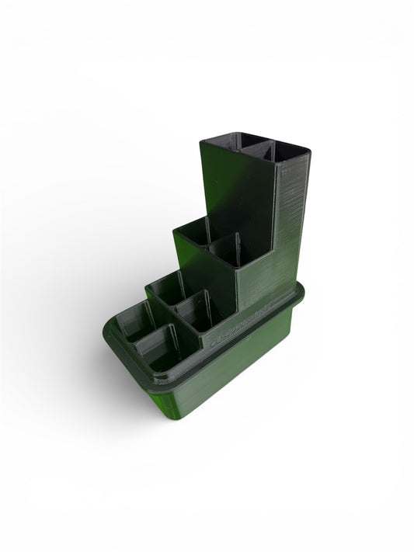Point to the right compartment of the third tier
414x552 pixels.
(x=226, y=250)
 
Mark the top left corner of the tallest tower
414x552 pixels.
(x=201, y=141)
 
